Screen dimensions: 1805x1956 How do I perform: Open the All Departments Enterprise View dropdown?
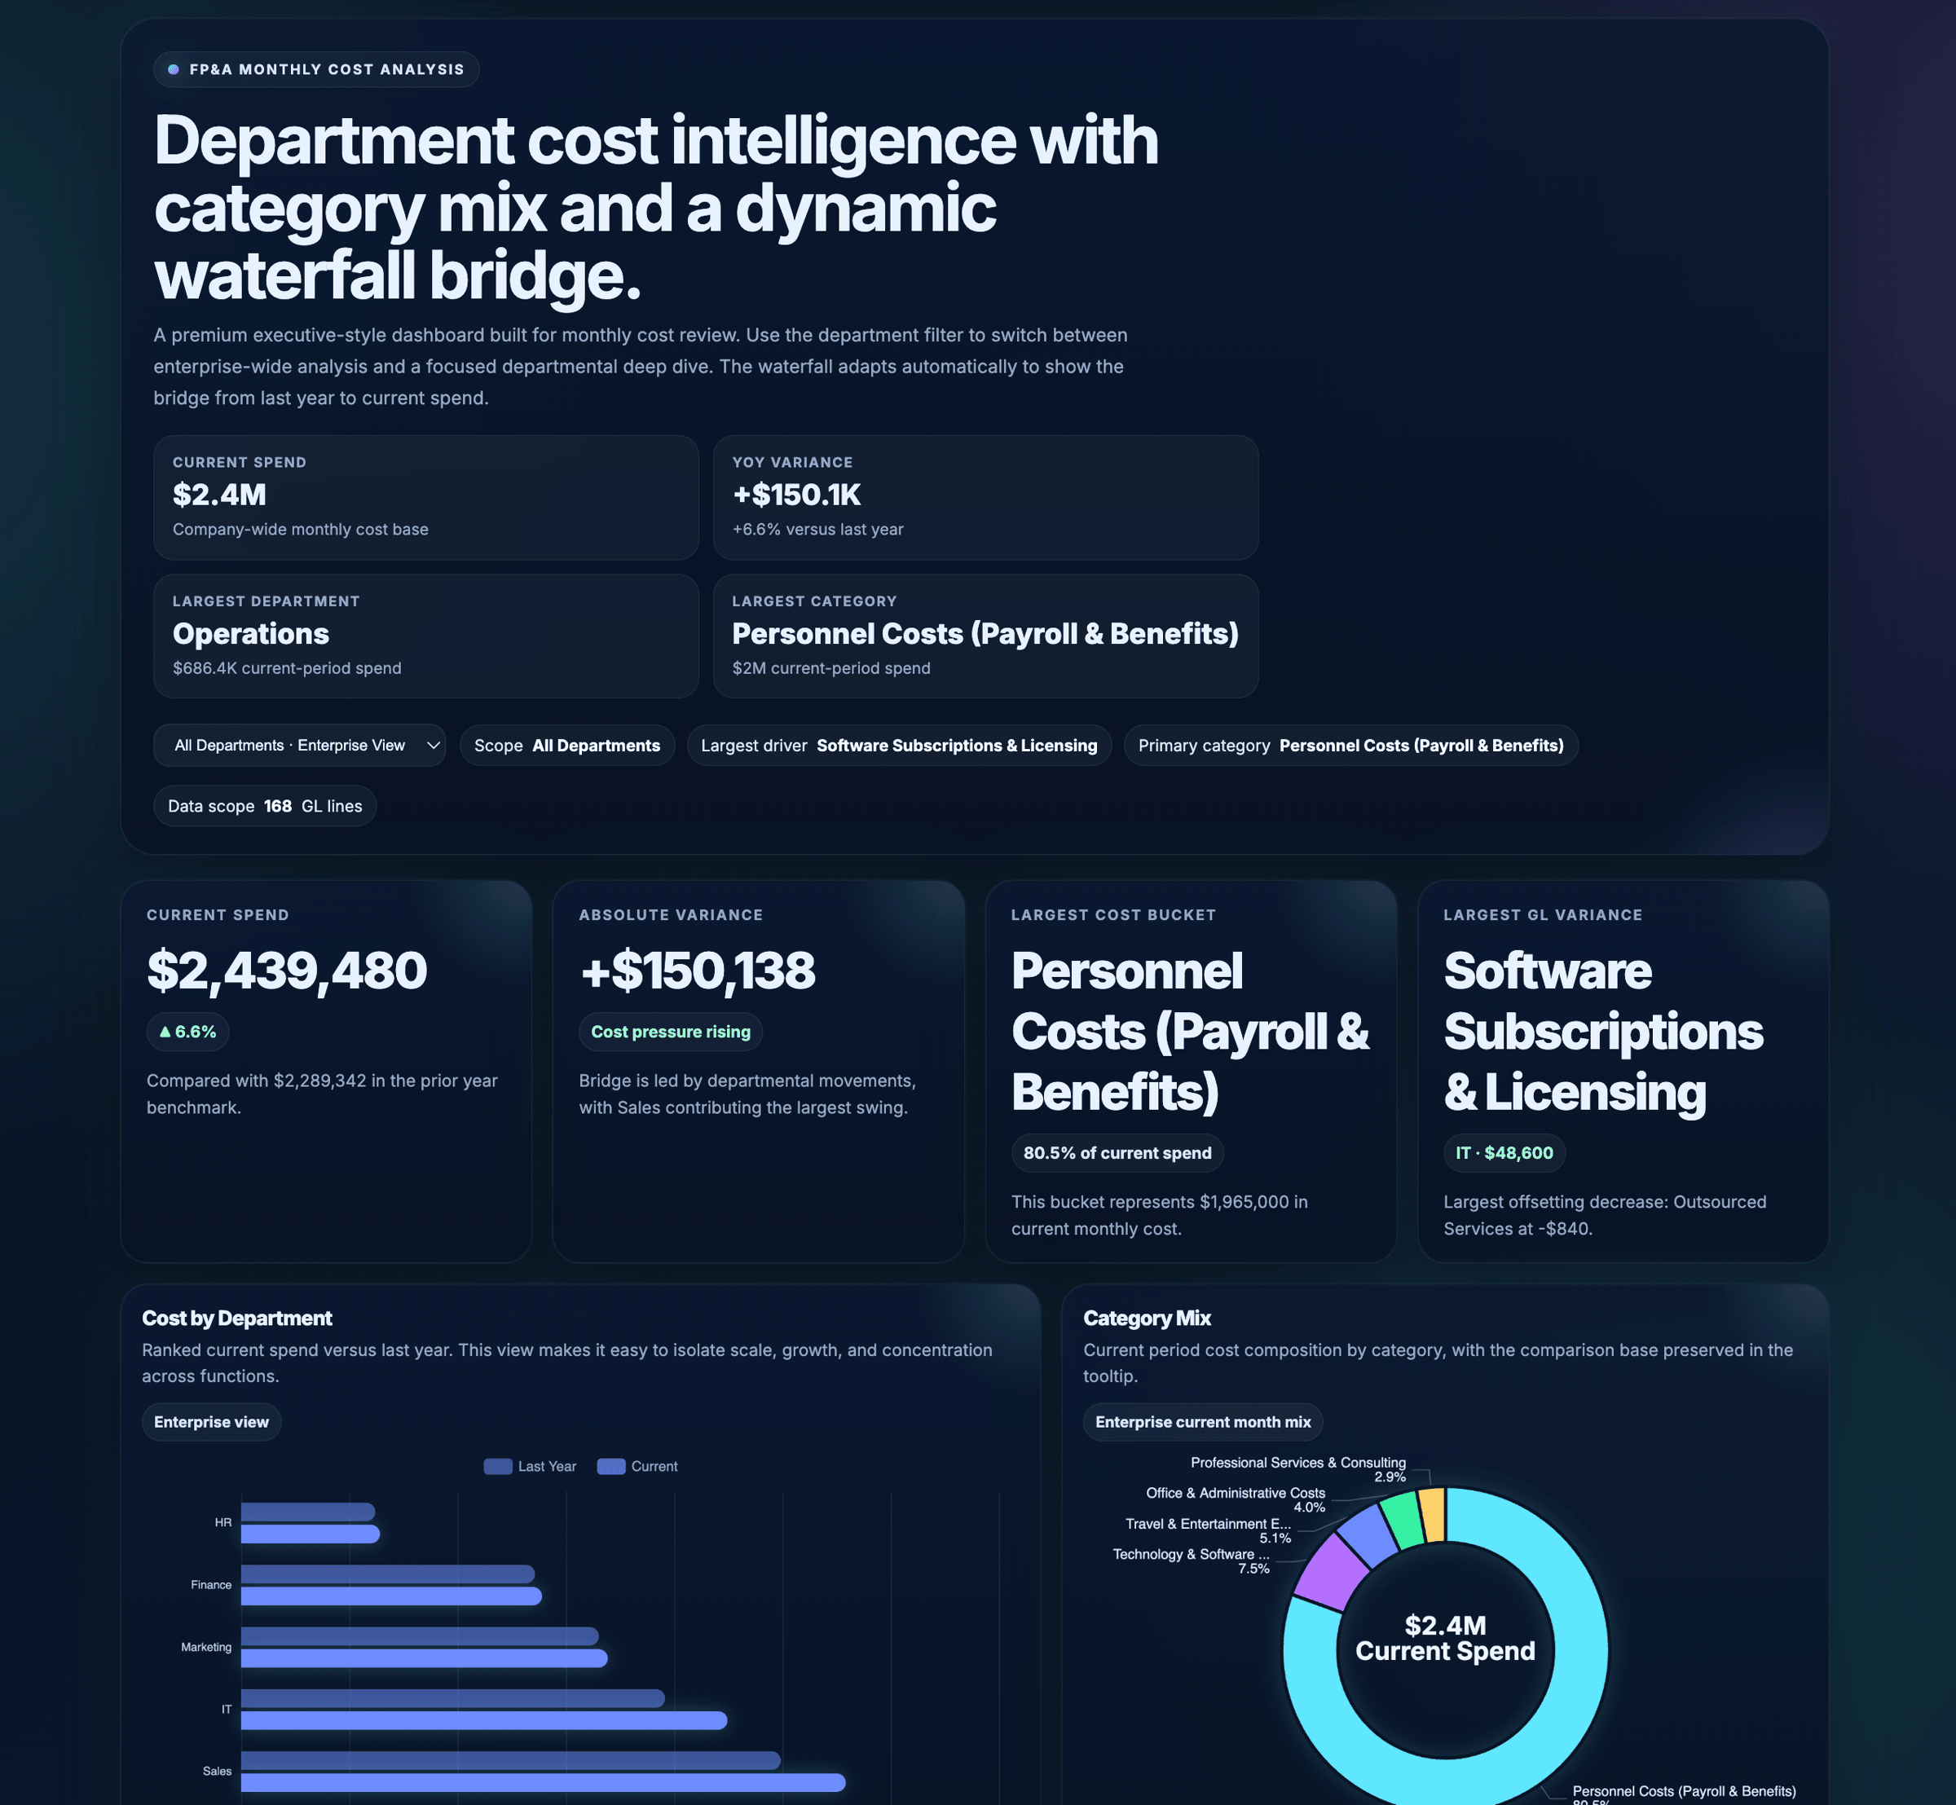[x=299, y=746]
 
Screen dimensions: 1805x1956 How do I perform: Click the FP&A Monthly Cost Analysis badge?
[x=315, y=69]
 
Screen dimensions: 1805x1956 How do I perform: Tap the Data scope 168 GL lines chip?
[x=265, y=806]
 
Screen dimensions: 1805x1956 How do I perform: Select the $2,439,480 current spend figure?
[x=286, y=970]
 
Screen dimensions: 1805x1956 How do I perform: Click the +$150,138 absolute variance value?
[x=697, y=970]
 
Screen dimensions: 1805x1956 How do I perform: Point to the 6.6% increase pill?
[x=187, y=1032]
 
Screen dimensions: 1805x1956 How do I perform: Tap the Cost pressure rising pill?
[x=670, y=1032]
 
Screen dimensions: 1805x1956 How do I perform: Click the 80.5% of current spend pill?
[x=1117, y=1152]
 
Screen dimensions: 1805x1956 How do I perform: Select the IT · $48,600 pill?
[x=1504, y=1152]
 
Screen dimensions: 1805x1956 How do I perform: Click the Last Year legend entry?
[x=531, y=1466]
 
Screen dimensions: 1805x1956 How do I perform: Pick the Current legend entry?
[x=638, y=1466]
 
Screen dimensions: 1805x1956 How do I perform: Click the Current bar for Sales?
[x=542, y=1782]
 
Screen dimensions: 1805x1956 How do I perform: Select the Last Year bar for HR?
[x=308, y=1511]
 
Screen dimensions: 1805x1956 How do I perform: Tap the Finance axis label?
[x=211, y=1584]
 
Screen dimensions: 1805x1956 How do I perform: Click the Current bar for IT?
[x=483, y=1720]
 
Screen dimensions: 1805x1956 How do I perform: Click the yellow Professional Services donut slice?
[x=1432, y=1514]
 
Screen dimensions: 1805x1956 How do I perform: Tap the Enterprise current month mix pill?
[x=1203, y=1422]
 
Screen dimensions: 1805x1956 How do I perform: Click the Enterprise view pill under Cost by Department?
[x=211, y=1422]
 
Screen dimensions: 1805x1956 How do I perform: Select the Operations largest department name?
[x=251, y=634]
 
